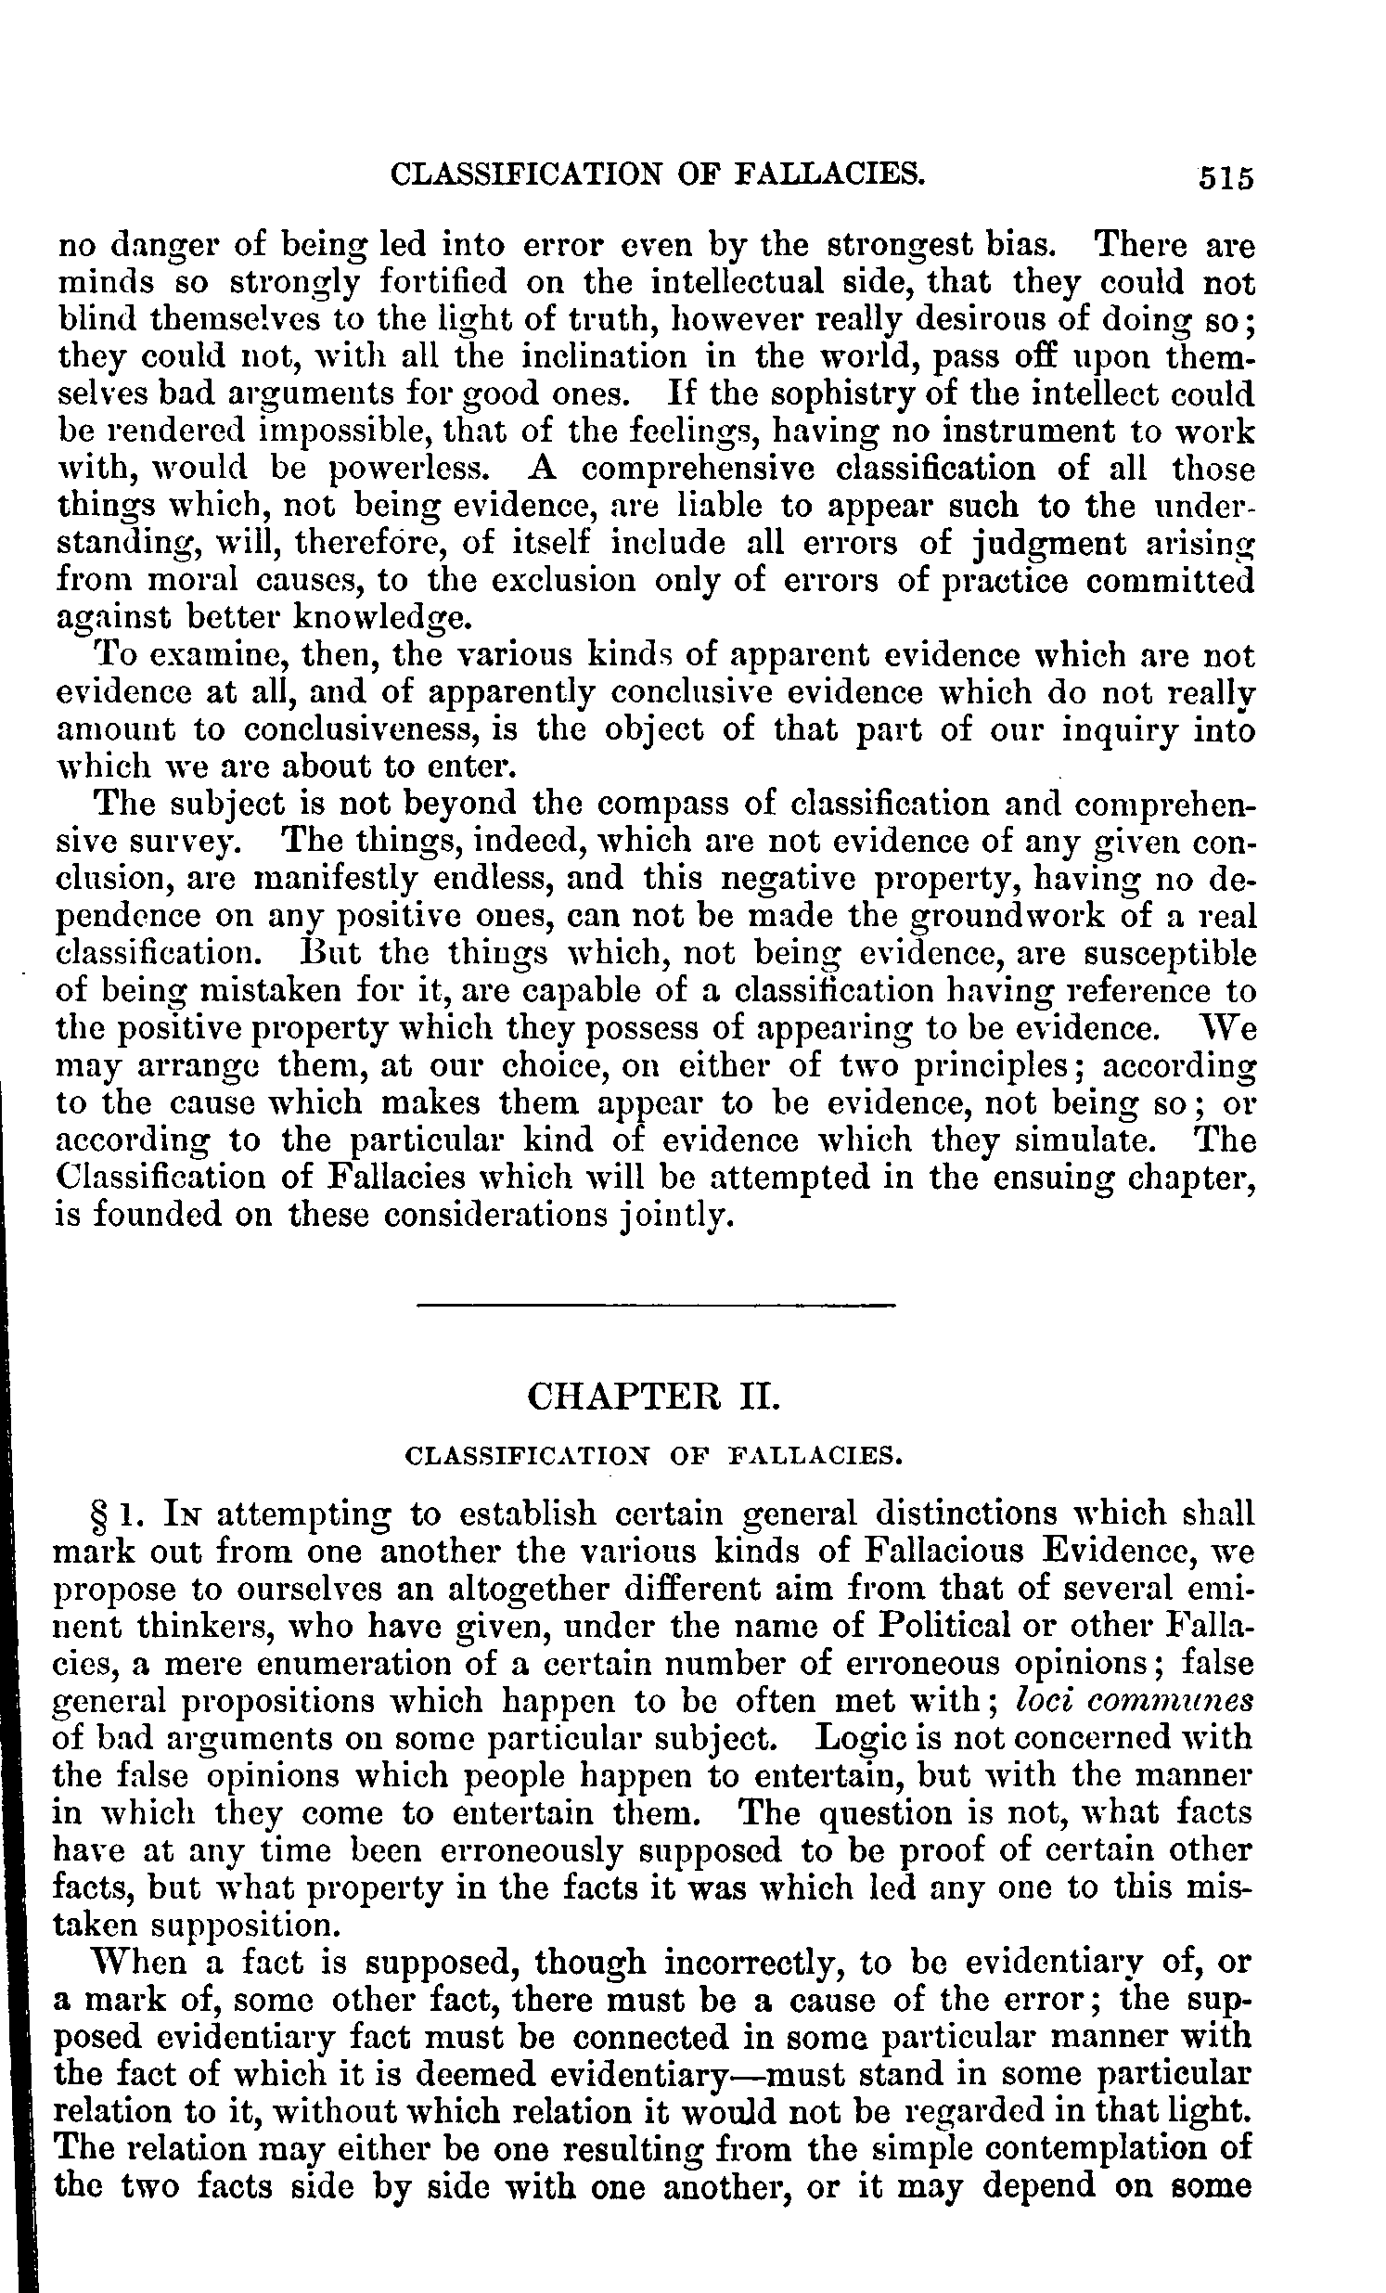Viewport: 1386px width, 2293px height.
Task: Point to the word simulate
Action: pos(1097,1140)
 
